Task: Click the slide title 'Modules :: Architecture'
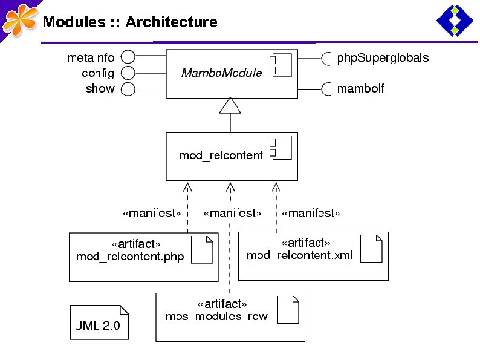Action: pos(129,22)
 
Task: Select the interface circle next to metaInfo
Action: pos(127,57)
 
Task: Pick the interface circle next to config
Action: pos(127,73)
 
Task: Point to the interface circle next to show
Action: pos(127,89)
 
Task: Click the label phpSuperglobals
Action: pos(383,58)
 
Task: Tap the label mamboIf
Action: pos(360,89)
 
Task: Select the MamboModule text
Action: pos(221,73)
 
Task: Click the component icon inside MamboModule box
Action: pos(281,65)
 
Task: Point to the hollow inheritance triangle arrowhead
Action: pos(230,107)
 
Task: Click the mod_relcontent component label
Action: pos(221,155)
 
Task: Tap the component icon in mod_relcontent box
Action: pos(281,147)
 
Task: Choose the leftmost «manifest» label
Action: pos(151,213)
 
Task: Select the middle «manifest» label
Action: pos(232,213)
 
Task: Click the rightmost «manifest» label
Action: pos(311,213)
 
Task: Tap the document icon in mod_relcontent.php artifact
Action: pos(202,249)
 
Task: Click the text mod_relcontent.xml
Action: pos(299,255)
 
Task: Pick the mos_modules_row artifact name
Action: pos(216,316)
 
